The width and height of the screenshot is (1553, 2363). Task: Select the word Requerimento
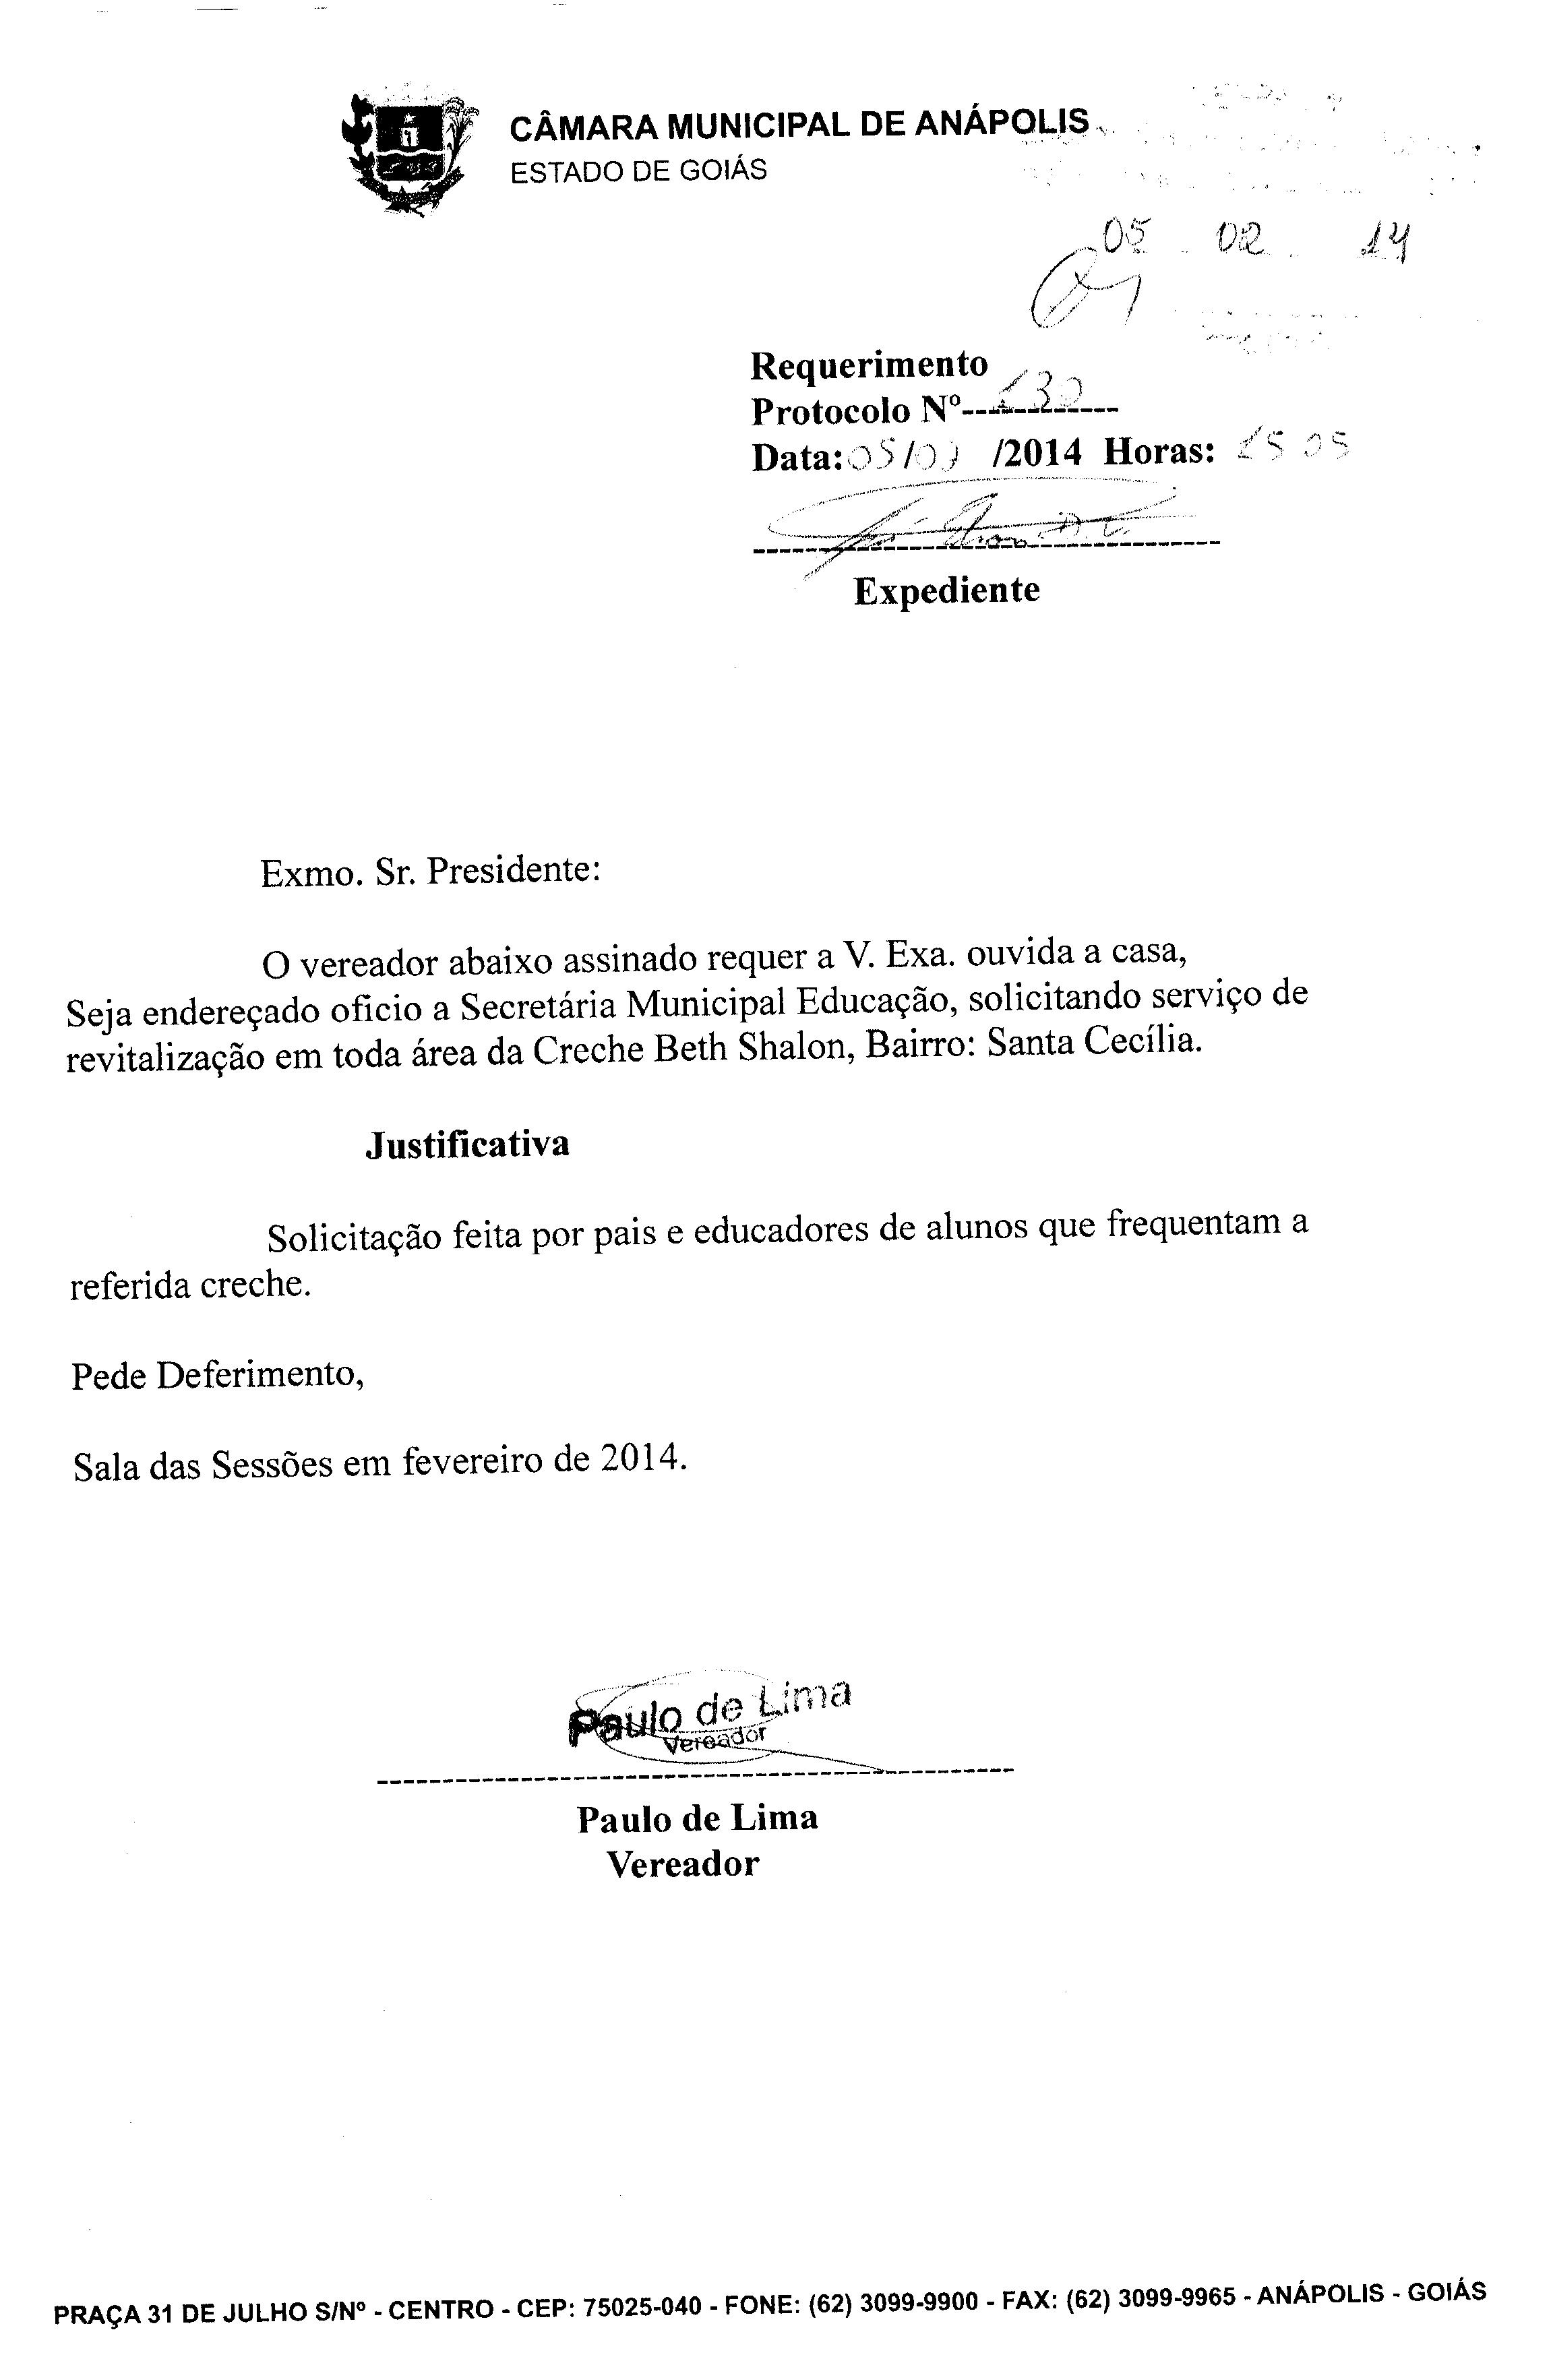(x=869, y=365)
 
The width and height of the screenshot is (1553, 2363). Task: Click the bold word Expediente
(x=946, y=590)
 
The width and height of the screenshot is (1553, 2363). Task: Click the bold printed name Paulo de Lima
(x=697, y=1818)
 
